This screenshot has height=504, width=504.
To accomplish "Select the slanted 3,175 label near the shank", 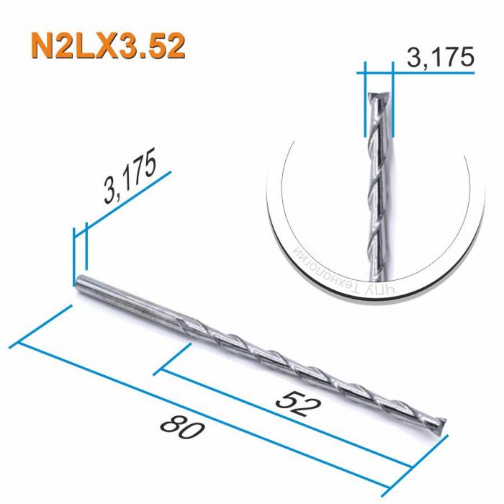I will click(130, 179).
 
